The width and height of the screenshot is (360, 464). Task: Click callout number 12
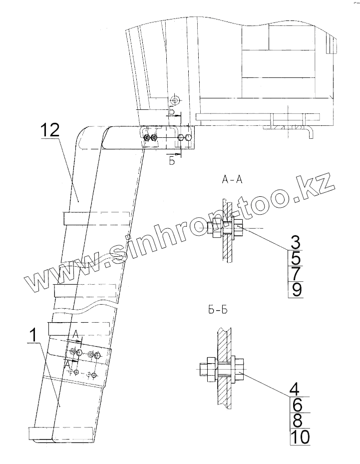(x=50, y=131)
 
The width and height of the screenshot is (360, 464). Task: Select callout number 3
(x=295, y=242)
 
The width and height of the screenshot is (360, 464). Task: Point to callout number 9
(x=295, y=289)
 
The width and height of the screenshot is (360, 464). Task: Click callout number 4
(x=295, y=388)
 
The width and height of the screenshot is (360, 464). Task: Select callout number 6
(x=295, y=404)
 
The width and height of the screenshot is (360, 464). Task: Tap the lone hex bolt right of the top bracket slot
(x=188, y=137)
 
